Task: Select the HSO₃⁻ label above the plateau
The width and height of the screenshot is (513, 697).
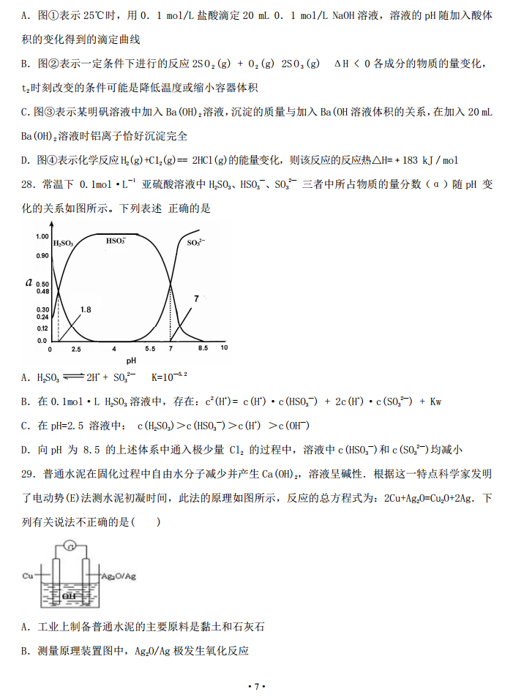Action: click(x=115, y=240)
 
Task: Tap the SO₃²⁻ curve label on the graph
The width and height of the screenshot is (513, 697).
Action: click(x=197, y=242)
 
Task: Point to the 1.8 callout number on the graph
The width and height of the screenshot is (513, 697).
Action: click(x=86, y=310)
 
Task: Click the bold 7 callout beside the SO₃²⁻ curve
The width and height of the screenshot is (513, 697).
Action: click(x=196, y=298)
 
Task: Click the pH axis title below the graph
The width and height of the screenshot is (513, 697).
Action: click(x=130, y=360)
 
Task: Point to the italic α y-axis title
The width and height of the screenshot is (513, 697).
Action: click(x=28, y=282)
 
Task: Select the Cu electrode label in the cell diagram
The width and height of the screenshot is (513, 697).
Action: click(x=29, y=576)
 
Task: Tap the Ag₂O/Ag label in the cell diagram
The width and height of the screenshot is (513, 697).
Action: click(x=116, y=577)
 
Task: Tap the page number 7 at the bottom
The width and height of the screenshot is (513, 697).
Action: click(x=256, y=685)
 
